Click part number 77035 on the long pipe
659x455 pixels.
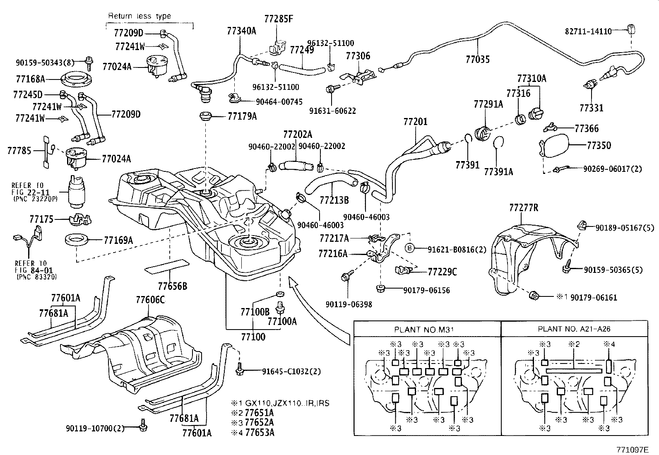click(x=477, y=59)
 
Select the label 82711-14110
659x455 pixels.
click(x=588, y=31)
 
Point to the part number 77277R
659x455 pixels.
click(x=523, y=208)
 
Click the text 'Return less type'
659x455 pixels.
click(x=139, y=16)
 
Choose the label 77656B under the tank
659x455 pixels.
click(x=172, y=286)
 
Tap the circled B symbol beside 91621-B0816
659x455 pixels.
click(x=409, y=248)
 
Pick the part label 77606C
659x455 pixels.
click(x=150, y=300)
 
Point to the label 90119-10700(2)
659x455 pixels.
click(x=95, y=428)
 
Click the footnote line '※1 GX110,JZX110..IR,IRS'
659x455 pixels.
click(x=280, y=403)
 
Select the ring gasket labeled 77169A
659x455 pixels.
click(x=77, y=240)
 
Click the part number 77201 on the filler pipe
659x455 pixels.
click(x=415, y=122)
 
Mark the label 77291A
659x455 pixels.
click(x=488, y=104)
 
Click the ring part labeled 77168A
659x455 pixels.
click(x=76, y=78)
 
